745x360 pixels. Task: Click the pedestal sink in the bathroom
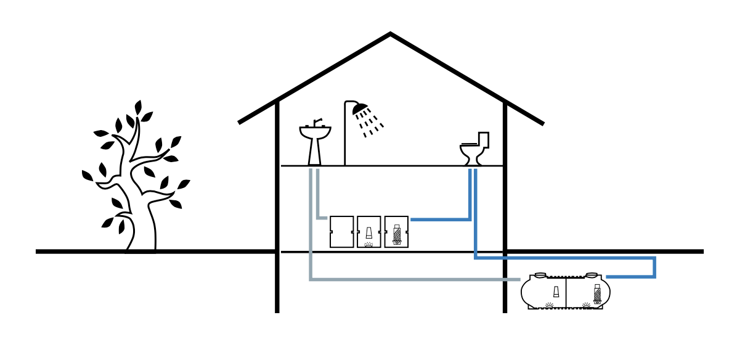point(315,145)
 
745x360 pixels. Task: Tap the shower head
point(360,110)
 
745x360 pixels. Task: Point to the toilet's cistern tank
point(484,140)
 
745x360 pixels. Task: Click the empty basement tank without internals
point(341,232)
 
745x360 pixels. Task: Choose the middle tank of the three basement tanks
point(368,232)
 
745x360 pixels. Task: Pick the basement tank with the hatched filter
point(396,232)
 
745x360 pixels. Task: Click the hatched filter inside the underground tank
point(597,294)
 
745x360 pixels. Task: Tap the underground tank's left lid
point(540,275)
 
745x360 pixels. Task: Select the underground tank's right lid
point(591,275)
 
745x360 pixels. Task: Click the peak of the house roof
point(390,35)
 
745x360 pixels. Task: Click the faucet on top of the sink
point(316,123)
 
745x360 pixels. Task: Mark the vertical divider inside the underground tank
point(566,293)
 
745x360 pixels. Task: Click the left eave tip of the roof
point(240,123)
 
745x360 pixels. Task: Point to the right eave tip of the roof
point(542,124)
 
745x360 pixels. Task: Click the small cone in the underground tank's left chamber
point(556,292)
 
